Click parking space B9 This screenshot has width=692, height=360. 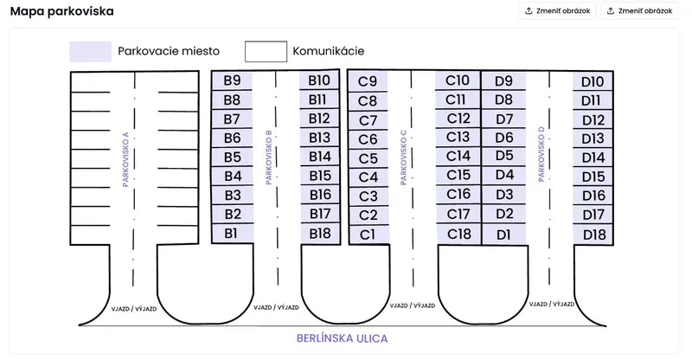pos(232,80)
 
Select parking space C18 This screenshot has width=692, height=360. pos(458,234)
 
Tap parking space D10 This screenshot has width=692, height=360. pos(593,81)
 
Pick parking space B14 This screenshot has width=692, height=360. pos(320,157)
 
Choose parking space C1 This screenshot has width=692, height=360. pos(368,235)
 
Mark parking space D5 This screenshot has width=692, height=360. pos(504,156)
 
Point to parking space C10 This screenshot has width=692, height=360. pos(458,80)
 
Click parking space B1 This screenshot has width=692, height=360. pos(232,234)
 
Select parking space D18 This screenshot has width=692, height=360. pos(593,235)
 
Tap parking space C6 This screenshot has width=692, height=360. pos(368,139)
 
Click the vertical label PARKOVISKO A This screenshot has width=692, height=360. pos(125,159)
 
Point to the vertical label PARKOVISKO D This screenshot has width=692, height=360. pos(541,154)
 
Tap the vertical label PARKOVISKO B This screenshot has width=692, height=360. pos(269,157)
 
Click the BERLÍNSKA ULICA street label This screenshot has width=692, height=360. pos(342,338)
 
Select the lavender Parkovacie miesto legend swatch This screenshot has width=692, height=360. pos(91,52)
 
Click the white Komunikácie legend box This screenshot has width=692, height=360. pos(266,52)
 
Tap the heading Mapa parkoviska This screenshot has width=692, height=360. pos(61,11)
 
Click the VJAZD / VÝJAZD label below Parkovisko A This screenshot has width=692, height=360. pos(134,309)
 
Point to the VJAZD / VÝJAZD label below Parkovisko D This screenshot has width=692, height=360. pos(552,305)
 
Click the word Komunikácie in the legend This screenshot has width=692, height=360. pos(329,51)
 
